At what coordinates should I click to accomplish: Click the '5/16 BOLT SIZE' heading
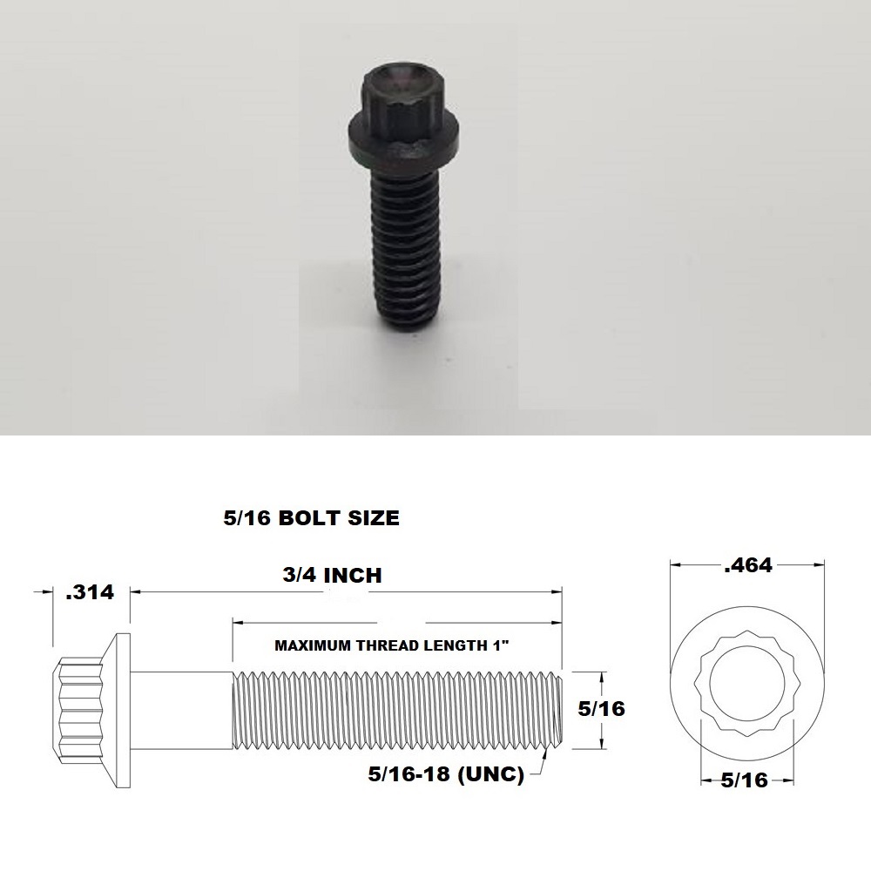[311, 518]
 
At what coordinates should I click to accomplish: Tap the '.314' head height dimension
[90, 592]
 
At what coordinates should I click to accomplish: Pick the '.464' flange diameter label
[748, 565]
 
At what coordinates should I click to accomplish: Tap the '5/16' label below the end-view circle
[745, 780]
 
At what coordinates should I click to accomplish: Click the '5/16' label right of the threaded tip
[602, 709]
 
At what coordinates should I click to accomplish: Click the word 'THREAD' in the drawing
[411, 646]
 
